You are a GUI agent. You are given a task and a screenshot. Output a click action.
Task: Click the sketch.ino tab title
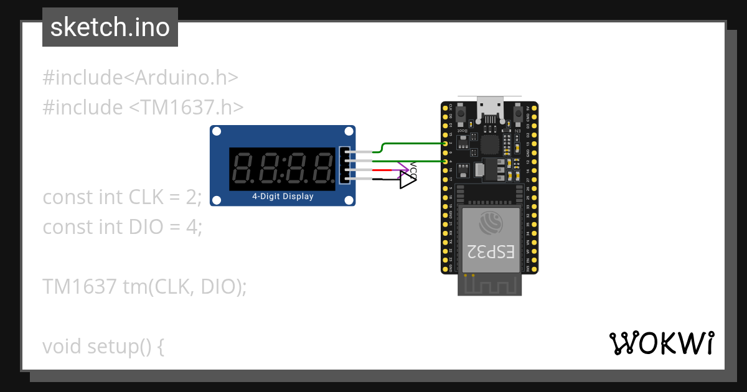tap(110, 27)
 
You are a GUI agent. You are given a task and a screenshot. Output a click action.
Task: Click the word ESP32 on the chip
tap(491, 251)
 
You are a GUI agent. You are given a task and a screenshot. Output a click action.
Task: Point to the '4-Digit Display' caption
tap(283, 197)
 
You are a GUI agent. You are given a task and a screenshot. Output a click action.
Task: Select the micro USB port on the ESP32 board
tap(489, 107)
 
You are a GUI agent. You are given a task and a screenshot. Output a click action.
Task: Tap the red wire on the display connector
tap(381, 170)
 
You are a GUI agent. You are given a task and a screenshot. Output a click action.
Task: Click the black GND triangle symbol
tap(407, 181)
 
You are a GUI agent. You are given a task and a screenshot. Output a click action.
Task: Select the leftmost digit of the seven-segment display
tap(242, 169)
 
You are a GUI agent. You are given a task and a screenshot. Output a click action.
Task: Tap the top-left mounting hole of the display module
tap(217, 131)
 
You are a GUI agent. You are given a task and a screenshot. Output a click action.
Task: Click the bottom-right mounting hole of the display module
tap(349, 200)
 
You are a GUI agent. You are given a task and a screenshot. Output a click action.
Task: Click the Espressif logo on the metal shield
tap(491, 222)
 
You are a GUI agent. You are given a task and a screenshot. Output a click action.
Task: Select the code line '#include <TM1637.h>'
tap(142, 107)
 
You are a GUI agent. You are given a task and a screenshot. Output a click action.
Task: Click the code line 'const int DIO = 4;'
tap(123, 226)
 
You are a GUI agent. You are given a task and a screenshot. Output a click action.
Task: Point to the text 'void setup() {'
tap(103, 346)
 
